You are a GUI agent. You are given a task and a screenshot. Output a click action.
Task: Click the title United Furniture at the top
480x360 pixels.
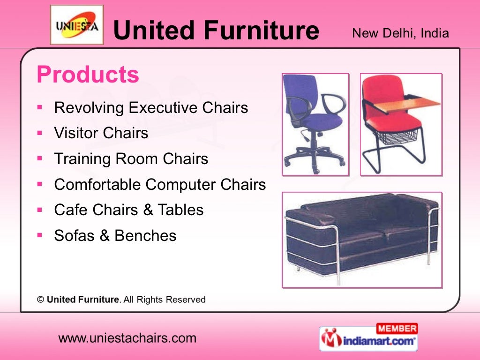point(216,30)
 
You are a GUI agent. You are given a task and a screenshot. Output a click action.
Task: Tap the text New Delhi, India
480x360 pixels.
point(400,33)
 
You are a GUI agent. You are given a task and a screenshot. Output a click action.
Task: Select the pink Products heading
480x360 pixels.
point(88,75)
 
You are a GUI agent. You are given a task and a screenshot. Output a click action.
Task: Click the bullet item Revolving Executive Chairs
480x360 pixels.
point(151,108)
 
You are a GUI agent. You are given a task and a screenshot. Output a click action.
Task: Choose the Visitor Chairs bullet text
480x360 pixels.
point(101,133)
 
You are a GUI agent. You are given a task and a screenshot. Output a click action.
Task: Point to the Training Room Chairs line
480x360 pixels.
point(131,159)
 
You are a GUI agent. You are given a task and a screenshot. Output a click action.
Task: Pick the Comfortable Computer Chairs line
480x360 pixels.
point(160,185)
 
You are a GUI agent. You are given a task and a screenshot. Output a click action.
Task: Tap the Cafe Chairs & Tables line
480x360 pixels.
point(129,210)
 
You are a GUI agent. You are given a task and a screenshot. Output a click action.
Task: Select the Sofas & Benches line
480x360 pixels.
point(115,235)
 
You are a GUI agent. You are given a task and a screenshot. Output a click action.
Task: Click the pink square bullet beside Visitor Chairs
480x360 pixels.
point(40,133)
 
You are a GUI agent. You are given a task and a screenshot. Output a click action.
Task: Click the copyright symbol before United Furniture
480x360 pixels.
point(41,299)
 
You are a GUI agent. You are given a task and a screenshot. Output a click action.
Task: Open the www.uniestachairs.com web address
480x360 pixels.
point(127,338)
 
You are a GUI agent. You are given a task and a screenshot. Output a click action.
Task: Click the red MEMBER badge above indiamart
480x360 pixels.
point(397,328)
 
